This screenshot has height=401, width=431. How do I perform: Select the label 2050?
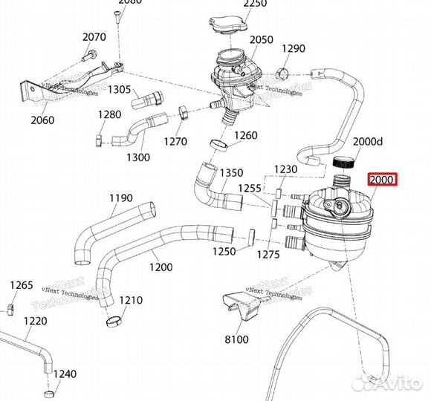(x=261, y=39)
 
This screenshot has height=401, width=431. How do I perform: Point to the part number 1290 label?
(x=294, y=49)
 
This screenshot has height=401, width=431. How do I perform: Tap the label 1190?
(x=121, y=198)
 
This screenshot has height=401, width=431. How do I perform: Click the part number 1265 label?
(x=21, y=285)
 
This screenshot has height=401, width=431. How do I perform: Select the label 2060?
(x=42, y=120)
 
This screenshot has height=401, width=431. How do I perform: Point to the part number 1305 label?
(x=119, y=90)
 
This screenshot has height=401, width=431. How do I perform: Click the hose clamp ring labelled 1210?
(x=114, y=322)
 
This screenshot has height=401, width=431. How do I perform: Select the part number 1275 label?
(x=269, y=255)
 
